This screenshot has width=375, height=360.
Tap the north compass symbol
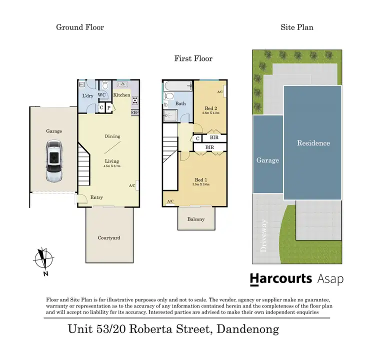pyautogui.click(x=43, y=259)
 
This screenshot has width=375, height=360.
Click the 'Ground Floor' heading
pyautogui.click(x=80, y=27)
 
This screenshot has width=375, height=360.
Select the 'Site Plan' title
pyautogui.click(x=296, y=27)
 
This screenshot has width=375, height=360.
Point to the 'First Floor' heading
pyautogui.click(x=193, y=58)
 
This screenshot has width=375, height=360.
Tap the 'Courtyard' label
pyautogui.click(x=109, y=238)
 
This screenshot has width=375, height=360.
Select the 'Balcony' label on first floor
pyautogui.click(x=195, y=219)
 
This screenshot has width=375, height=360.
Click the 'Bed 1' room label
pyautogui.click(x=199, y=180)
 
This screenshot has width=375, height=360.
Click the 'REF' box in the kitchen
pyautogui.click(x=134, y=112)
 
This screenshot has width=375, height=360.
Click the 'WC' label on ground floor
pyautogui.click(x=102, y=95)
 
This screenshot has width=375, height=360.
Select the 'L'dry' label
pyautogui.click(x=87, y=96)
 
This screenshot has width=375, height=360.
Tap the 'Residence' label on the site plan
pyautogui.click(x=313, y=143)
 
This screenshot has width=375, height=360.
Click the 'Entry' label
pyautogui.click(x=96, y=197)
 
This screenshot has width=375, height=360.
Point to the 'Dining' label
pyautogui.click(x=112, y=136)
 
